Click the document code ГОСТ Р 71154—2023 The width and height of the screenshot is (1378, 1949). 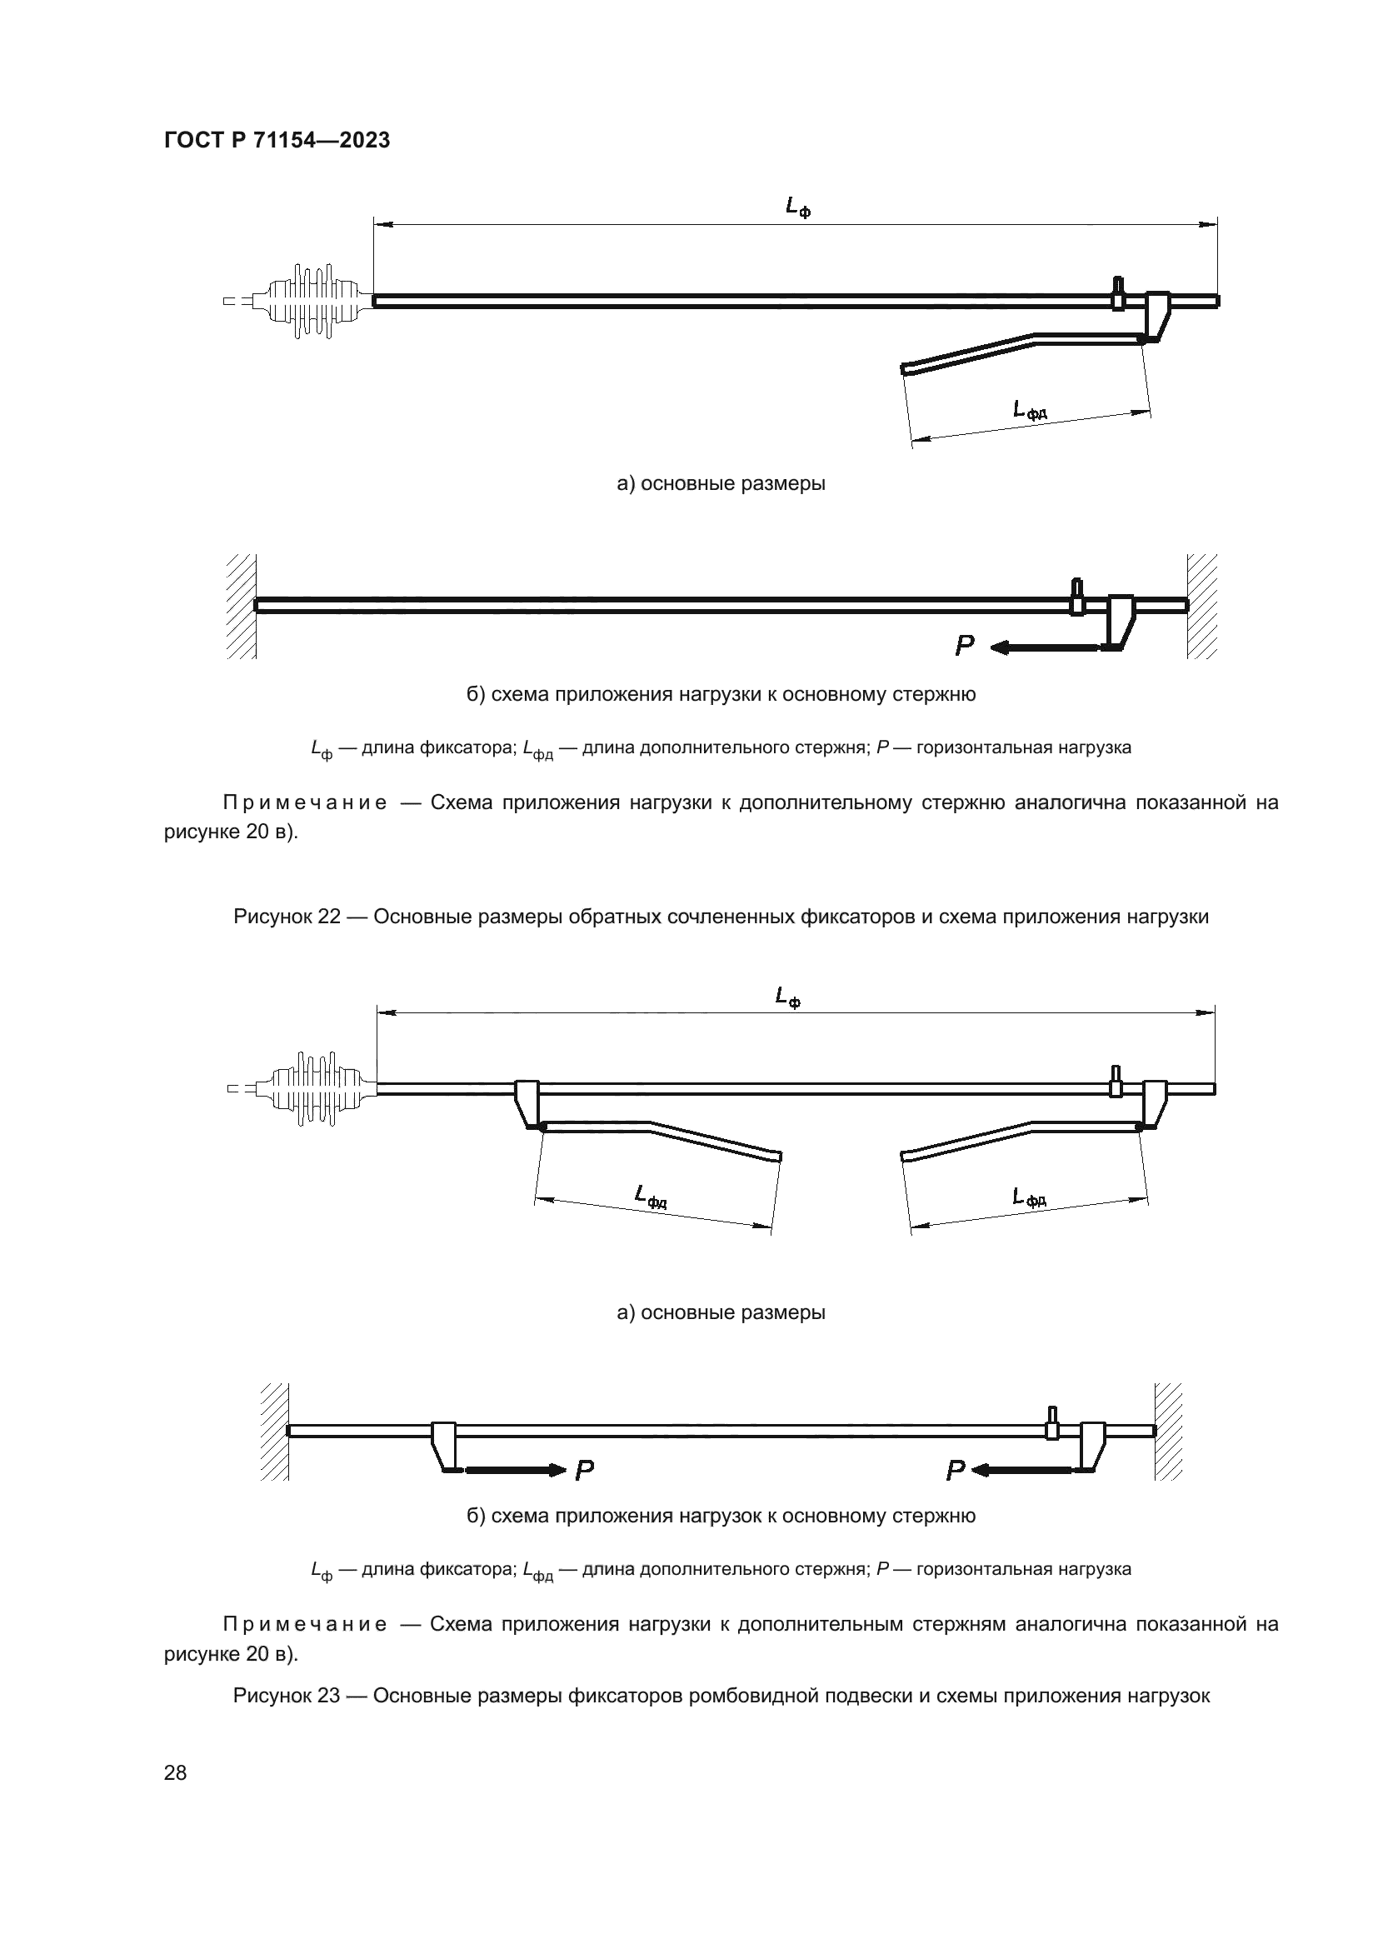point(277,140)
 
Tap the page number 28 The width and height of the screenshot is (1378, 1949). point(175,1772)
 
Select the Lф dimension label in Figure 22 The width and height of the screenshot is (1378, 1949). point(796,207)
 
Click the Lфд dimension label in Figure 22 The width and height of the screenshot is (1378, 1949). point(1029,411)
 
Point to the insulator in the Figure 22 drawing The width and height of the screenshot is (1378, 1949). point(314,301)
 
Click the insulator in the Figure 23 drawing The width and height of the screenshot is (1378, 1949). point(318,1089)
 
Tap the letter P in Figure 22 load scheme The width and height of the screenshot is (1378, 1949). point(964,647)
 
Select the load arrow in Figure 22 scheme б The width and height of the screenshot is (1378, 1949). point(1044,648)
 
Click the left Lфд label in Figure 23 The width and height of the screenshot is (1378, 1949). point(651,1196)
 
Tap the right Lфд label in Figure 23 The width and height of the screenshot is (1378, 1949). point(1029,1197)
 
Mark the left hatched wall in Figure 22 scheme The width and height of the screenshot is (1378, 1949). point(242,606)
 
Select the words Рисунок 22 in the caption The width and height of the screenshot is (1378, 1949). point(287,917)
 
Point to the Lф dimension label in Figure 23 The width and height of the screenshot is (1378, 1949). point(787,997)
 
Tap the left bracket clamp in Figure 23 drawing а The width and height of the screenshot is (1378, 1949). point(527,1102)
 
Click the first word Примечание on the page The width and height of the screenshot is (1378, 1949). point(305,803)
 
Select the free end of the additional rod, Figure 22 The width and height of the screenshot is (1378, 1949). point(906,368)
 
